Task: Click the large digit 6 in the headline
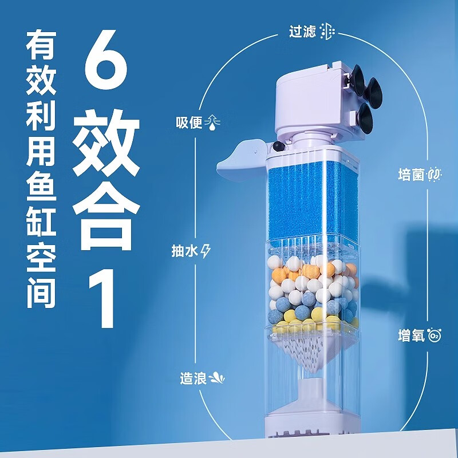[x=106, y=60]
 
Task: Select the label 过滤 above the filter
[x=302, y=31]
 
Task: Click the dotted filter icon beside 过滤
[x=327, y=31]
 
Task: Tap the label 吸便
[x=189, y=123]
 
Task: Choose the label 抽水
[x=185, y=251]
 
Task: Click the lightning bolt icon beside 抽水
[x=206, y=251]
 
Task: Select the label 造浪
[x=193, y=378]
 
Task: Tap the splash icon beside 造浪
[x=217, y=378]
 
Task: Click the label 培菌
[x=411, y=175]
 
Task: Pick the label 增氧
[x=411, y=335]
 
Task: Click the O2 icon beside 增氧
[x=435, y=335]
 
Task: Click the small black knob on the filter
[x=279, y=146]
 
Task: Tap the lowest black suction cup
[x=365, y=118]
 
